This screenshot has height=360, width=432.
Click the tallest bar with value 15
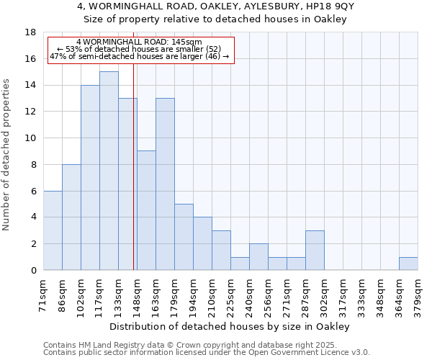109,171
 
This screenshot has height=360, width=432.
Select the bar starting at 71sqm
53,230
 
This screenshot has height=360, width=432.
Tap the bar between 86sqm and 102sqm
71,217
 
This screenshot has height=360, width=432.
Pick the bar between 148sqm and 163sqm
146,210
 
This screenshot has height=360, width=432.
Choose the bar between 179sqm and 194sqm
184,237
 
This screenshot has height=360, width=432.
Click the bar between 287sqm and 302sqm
315,250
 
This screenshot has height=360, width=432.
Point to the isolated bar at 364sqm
408,264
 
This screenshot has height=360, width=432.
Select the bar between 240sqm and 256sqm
258,256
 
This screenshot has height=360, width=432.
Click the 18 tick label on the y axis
30,32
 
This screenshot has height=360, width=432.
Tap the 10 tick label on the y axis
30,138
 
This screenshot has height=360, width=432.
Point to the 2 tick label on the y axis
33,244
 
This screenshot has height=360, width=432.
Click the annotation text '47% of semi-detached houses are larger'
139,56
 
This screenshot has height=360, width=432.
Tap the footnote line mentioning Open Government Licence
207,352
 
